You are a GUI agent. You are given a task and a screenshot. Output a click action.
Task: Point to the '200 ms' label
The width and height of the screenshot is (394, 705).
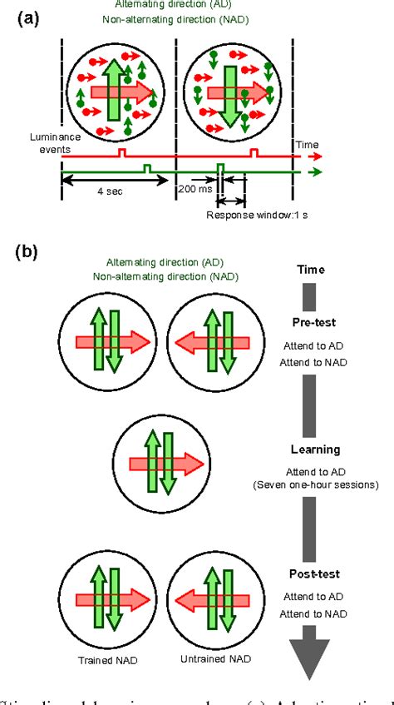point(193,190)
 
